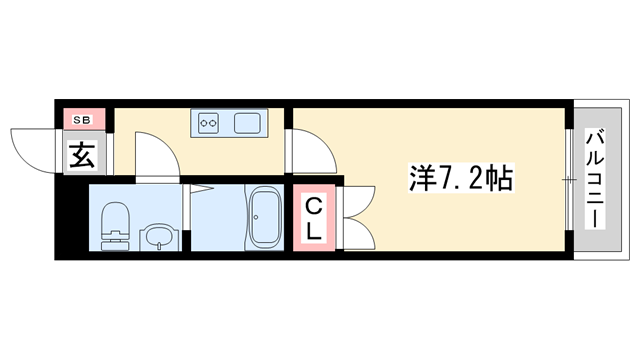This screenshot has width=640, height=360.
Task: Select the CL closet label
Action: tap(313, 219)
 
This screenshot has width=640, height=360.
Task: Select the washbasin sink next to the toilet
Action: tap(158, 236)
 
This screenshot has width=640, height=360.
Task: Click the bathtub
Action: tap(265, 219)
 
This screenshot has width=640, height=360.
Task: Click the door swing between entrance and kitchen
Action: tap(156, 155)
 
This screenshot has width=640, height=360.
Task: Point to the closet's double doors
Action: tap(357, 218)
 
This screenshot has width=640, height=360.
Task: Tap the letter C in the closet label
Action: tap(313, 207)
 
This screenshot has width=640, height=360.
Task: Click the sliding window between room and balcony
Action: tap(569, 180)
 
